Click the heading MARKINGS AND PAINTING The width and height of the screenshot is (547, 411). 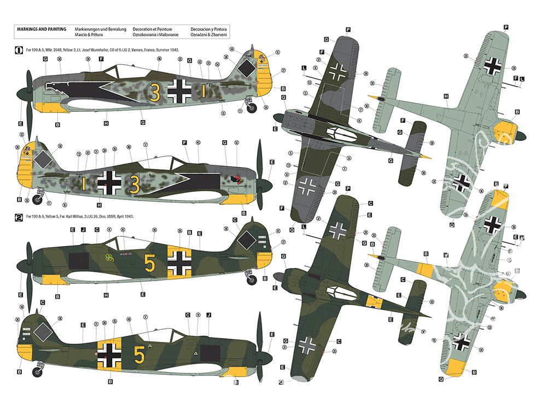42,28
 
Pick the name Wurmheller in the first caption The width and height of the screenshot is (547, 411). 107,50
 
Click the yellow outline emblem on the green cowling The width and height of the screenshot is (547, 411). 111,255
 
